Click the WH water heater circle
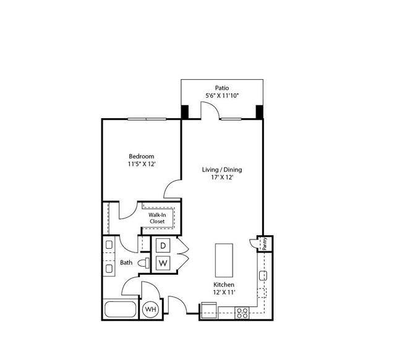coord(150,309)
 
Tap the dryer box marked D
coord(163,246)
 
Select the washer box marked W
coord(163,263)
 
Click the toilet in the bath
coord(144,263)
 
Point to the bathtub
coord(120,309)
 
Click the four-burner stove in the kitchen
coord(242,313)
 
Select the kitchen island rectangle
coord(224,260)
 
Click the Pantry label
coord(265,244)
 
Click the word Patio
coord(222,88)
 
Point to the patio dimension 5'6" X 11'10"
coord(222,96)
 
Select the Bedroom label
coord(142,156)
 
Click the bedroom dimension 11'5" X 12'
coord(142,164)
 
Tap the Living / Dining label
coord(222,170)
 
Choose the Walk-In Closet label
coord(157,218)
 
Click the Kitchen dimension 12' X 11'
coord(224,292)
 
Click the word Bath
coord(126,262)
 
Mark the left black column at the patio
coord(185,112)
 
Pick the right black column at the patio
coord(260,112)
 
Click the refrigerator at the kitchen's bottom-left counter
coord(208,311)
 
